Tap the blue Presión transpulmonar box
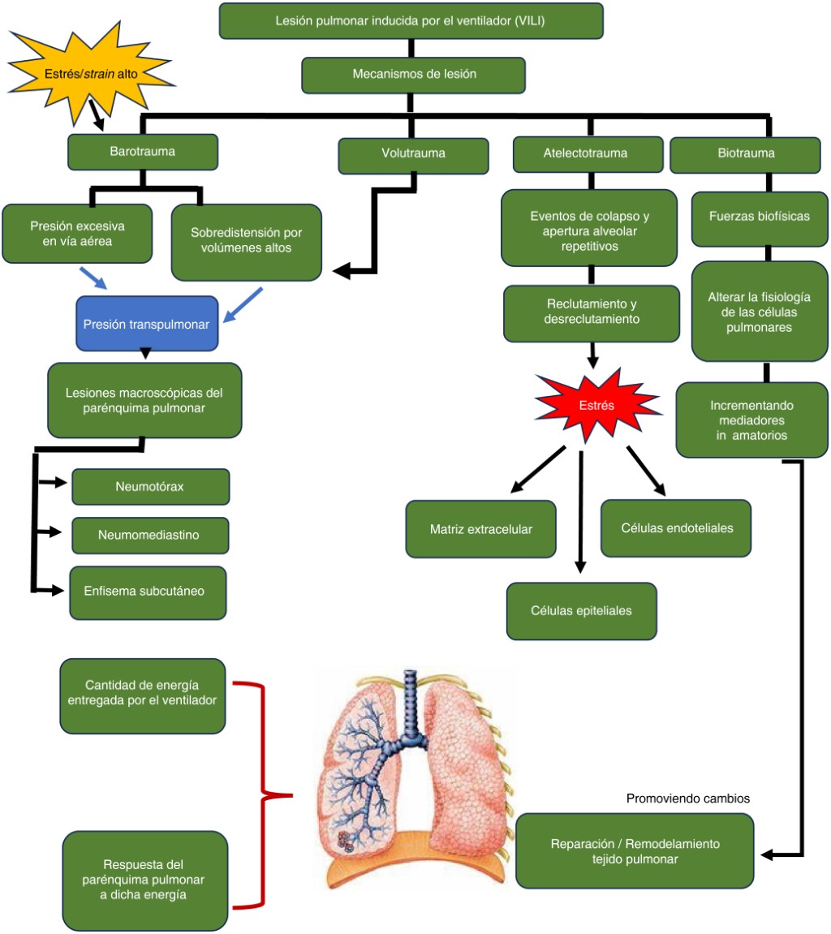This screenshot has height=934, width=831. (x=146, y=324)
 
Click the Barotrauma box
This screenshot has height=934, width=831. (x=143, y=152)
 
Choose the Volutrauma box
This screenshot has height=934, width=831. (x=413, y=152)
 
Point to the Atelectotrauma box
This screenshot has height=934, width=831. (x=586, y=153)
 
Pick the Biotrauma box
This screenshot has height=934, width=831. (x=746, y=153)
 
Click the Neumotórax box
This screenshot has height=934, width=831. (x=150, y=487)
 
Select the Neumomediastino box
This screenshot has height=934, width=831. (x=150, y=536)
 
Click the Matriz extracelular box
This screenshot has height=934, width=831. (x=481, y=529)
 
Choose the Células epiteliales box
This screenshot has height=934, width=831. (x=581, y=610)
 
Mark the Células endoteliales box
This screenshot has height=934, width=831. (x=676, y=527)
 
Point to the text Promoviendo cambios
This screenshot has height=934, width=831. (x=688, y=798)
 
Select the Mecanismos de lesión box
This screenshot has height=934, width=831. (x=414, y=74)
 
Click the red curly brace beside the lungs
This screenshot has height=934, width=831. (x=264, y=795)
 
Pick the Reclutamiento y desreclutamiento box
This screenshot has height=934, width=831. (x=591, y=312)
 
